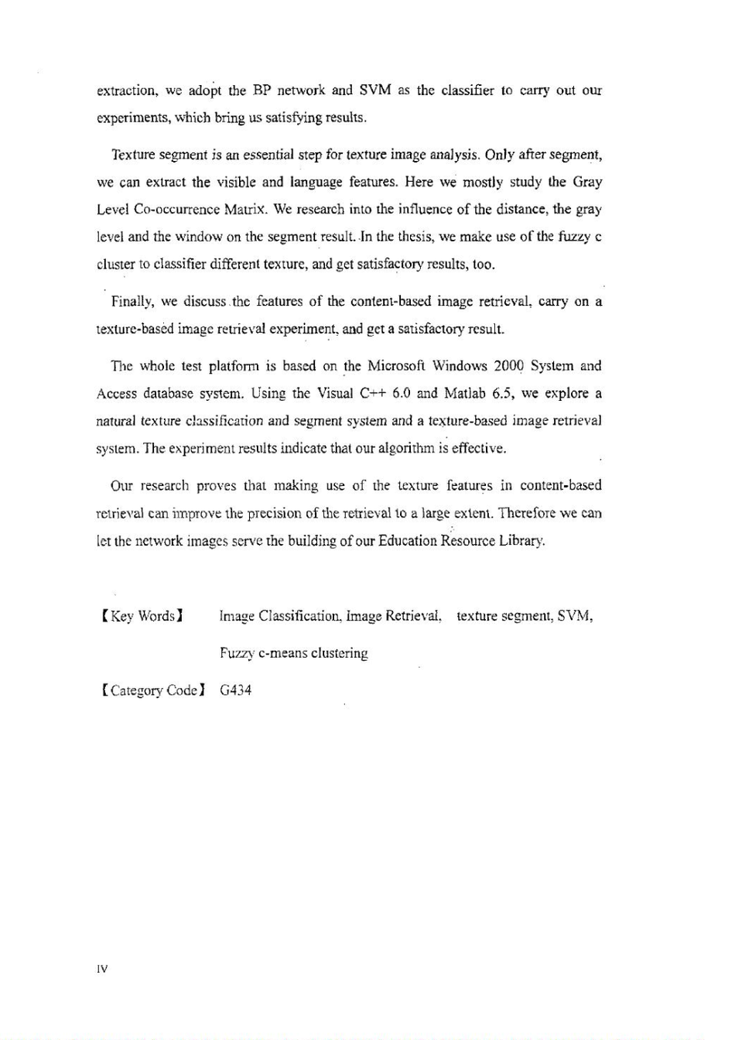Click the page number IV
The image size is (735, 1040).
pos(102,969)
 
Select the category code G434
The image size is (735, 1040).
pos(235,689)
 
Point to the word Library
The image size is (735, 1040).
pos(522,540)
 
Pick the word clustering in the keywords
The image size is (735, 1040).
pos(340,653)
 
